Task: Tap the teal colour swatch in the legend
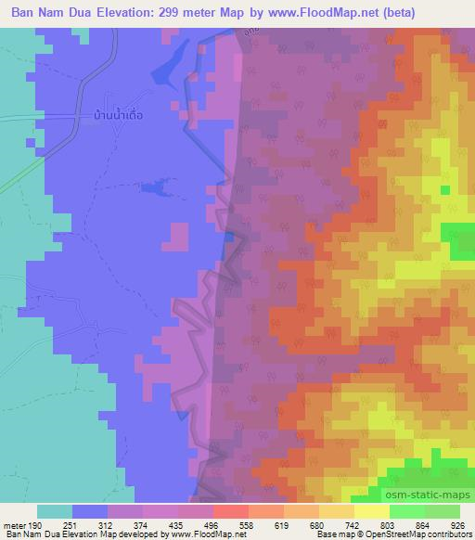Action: pos(55,511)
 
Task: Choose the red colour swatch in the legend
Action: pos(230,511)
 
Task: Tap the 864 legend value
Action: pos(419,524)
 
